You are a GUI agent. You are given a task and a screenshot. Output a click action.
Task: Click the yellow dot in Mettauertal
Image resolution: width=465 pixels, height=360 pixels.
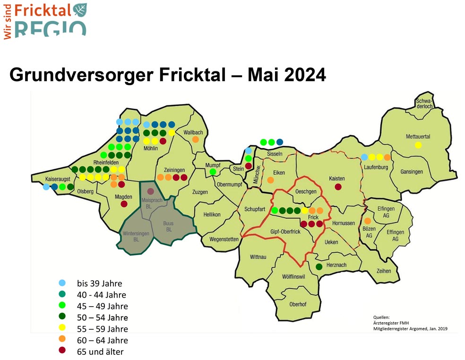coord(418,145)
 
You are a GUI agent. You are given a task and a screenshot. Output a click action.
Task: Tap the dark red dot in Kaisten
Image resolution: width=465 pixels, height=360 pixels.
coord(338,187)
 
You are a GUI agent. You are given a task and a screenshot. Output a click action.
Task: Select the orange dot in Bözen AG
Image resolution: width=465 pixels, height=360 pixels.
coord(368,221)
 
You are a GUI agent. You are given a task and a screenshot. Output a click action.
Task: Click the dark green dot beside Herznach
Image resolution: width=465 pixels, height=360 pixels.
coord(319,267)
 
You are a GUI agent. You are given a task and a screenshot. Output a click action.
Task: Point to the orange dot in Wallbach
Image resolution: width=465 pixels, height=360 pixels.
coord(195,140)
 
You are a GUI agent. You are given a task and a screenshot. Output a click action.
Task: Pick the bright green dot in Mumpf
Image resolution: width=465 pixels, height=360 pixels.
coord(213,172)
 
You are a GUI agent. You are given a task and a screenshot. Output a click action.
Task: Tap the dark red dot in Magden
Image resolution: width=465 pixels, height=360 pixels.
coord(124,204)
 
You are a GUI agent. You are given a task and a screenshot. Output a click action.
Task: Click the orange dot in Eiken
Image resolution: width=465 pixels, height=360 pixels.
coord(270,180)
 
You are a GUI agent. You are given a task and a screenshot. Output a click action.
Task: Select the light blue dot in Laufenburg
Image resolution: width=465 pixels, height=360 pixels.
coord(364,157)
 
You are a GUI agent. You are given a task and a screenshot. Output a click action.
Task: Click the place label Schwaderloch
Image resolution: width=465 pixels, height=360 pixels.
coord(424,104)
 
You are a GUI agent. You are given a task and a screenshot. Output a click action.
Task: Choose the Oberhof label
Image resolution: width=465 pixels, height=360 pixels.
coord(298,304)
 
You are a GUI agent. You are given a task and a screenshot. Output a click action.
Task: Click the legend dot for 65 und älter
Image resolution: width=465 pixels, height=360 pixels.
coord(62,351)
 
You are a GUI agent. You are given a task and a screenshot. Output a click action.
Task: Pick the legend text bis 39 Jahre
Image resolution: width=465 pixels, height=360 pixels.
coord(100,284)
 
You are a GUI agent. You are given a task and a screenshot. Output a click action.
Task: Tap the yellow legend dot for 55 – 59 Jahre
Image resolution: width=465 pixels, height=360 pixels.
coord(62,328)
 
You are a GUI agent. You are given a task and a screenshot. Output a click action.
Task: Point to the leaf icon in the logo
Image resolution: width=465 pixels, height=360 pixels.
coord(80,9)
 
